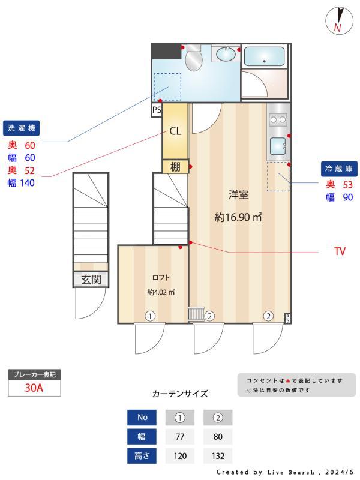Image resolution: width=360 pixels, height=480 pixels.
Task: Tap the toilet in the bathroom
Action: [193, 58]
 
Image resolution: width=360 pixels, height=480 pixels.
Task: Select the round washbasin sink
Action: [226, 55]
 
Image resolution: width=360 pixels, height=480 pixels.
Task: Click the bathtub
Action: [265, 57]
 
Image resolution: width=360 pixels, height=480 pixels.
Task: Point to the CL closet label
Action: [175, 131]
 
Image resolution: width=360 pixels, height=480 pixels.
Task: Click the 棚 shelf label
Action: [175, 167]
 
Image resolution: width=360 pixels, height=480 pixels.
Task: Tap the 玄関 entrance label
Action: [91, 280]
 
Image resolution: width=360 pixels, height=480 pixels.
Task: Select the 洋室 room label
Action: [238, 194]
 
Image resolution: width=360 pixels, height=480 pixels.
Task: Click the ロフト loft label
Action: [161, 277]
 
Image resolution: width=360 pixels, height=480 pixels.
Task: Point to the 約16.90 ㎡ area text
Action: [238, 218]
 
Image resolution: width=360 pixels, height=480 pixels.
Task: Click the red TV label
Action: [340, 251]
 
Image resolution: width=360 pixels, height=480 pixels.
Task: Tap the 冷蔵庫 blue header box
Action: [338, 169]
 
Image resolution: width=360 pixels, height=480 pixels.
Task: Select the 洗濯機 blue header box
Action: [22, 127]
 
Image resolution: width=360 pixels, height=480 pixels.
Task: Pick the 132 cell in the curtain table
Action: [218, 455]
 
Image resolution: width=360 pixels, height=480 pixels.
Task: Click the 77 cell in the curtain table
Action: [179, 436]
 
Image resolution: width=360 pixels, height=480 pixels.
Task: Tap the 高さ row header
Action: [142, 455]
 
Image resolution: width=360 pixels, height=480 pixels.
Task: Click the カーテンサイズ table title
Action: [180, 394]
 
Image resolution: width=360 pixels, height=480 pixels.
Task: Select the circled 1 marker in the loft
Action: [150, 316]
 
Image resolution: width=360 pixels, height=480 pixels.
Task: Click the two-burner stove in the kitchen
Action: [278, 119]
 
